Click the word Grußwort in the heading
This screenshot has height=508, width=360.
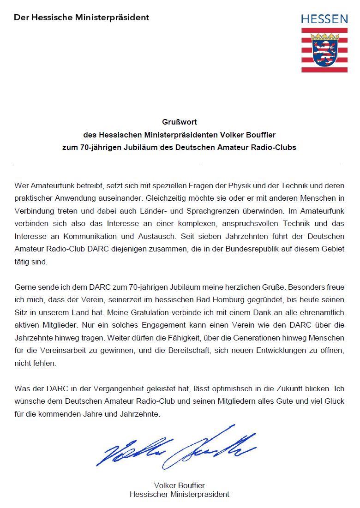[x=180, y=122]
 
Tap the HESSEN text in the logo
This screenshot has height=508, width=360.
[x=324, y=19]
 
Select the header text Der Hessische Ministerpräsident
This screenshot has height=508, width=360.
[x=81, y=18]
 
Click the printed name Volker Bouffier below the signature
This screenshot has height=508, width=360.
[x=180, y=485]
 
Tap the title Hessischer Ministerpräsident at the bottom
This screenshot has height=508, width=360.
[x=180, y=494]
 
